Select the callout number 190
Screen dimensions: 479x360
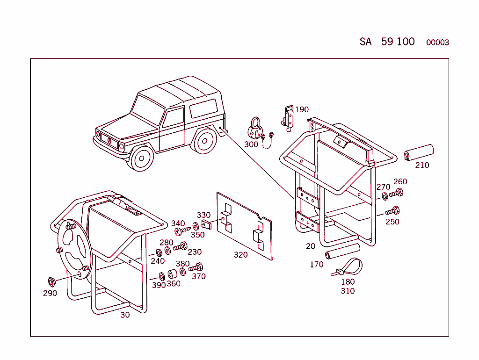302,109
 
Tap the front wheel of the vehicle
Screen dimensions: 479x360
141,158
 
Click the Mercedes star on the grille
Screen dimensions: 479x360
109,141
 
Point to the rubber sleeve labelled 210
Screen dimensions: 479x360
419,152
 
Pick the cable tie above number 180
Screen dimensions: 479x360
348,267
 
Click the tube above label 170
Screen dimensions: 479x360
342,251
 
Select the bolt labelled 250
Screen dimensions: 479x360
392,211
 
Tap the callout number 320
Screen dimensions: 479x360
241,255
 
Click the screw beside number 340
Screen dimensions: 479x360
182,230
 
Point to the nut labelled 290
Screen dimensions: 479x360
51,282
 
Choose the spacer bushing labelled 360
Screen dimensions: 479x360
173,274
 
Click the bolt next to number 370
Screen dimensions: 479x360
196,267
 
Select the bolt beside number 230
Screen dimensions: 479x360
180,246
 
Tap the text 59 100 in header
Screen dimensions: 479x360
398,42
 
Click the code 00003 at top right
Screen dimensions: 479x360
437,43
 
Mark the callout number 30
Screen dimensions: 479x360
125,315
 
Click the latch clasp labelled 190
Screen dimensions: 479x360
288,118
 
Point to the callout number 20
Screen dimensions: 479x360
311,246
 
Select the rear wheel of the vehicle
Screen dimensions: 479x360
205,141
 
